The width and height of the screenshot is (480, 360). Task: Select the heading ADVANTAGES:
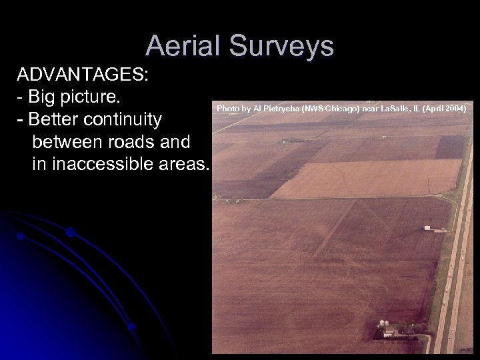[83, 74]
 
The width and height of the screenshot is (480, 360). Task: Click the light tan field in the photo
[367, 179]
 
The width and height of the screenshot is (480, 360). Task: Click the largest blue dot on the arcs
[70, 232]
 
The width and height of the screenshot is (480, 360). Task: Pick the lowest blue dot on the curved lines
[132, 327]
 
